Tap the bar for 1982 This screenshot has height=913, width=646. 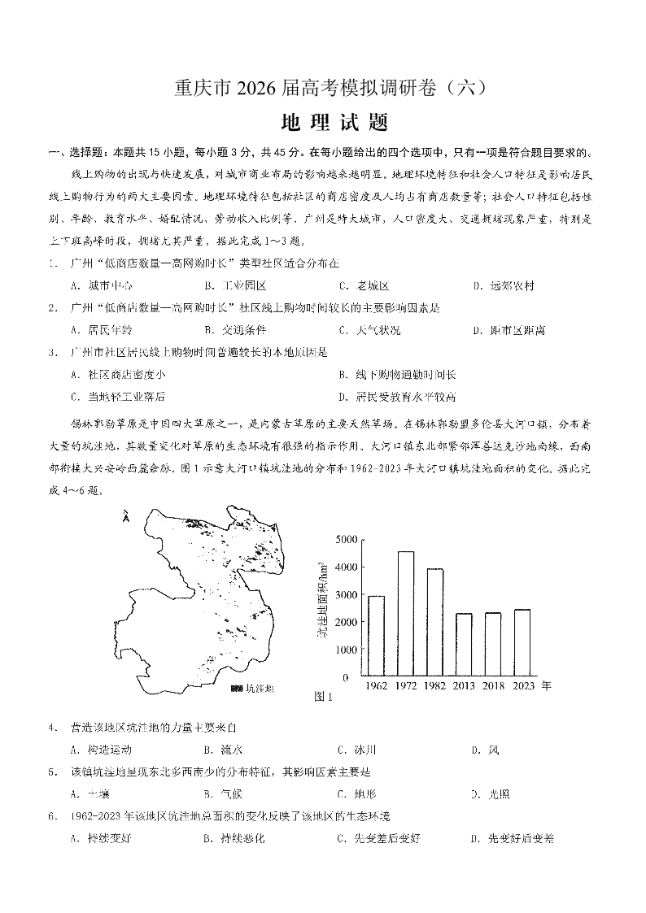(x=435, y=622)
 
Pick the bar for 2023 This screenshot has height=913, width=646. (x=522, y=642)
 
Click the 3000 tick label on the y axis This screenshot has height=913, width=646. (x=347, y=595)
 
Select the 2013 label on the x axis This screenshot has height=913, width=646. (x=465, y=686)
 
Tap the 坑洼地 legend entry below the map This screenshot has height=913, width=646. (x=253, y=689)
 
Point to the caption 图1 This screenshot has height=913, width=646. (x=324, y=697)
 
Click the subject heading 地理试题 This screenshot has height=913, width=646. (x=322, y=123)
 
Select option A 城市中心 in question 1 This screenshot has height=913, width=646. (x=102, y=285)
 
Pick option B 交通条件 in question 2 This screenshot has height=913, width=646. (x=235, y=330)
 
